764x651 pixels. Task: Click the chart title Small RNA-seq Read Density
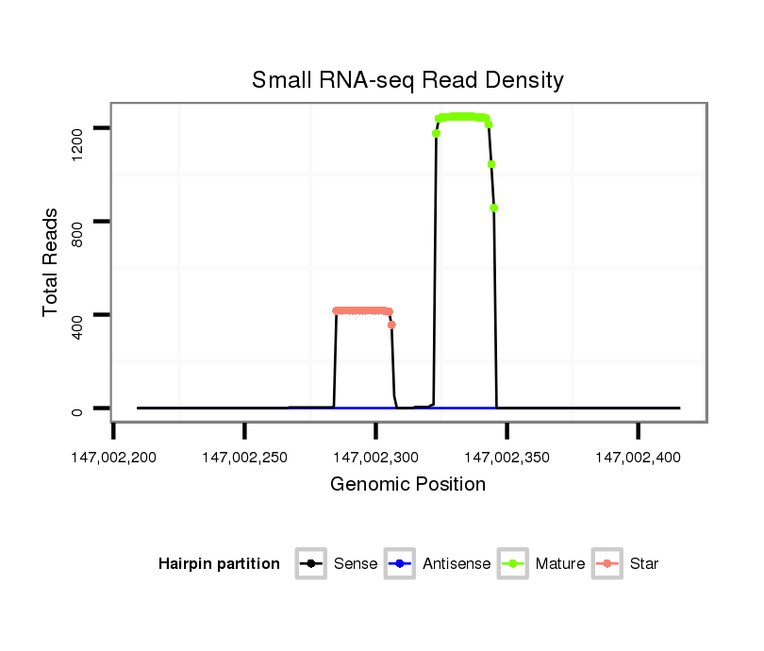coord(407,81)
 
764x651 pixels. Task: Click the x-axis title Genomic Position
coord(407,485)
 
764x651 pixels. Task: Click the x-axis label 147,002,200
coord(114,458)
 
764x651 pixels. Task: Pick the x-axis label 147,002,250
coord(244,458)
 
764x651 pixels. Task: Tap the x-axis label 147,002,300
coord(375,458)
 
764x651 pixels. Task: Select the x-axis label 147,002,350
coord(507,458)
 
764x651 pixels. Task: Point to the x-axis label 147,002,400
coord(638,458)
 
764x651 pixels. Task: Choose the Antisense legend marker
coord(399,564)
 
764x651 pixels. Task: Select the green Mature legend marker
coord(512,564)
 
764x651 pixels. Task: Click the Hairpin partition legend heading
coord(219,564)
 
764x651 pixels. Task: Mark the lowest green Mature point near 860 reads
coord(493,208)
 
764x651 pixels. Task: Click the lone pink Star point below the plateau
coord(391,325)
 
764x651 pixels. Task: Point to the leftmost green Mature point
coord(436,133)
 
